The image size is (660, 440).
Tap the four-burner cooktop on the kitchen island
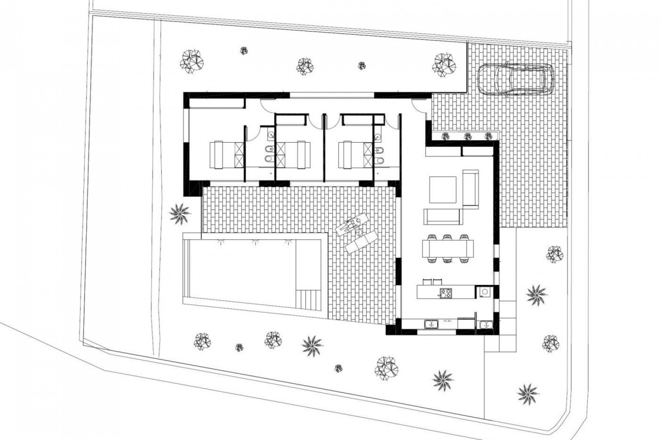point(446,293)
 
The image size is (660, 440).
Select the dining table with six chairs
point(448,248)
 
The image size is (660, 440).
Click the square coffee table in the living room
point(443,189)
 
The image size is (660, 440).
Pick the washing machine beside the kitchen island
point(484,292)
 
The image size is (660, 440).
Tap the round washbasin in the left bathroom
point(271,135)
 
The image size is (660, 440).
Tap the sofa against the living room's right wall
point(471,189)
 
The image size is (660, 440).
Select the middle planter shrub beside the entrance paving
point(467,136)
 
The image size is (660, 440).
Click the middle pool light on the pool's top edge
point(254,242)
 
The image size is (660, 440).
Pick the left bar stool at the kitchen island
point(427,282)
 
